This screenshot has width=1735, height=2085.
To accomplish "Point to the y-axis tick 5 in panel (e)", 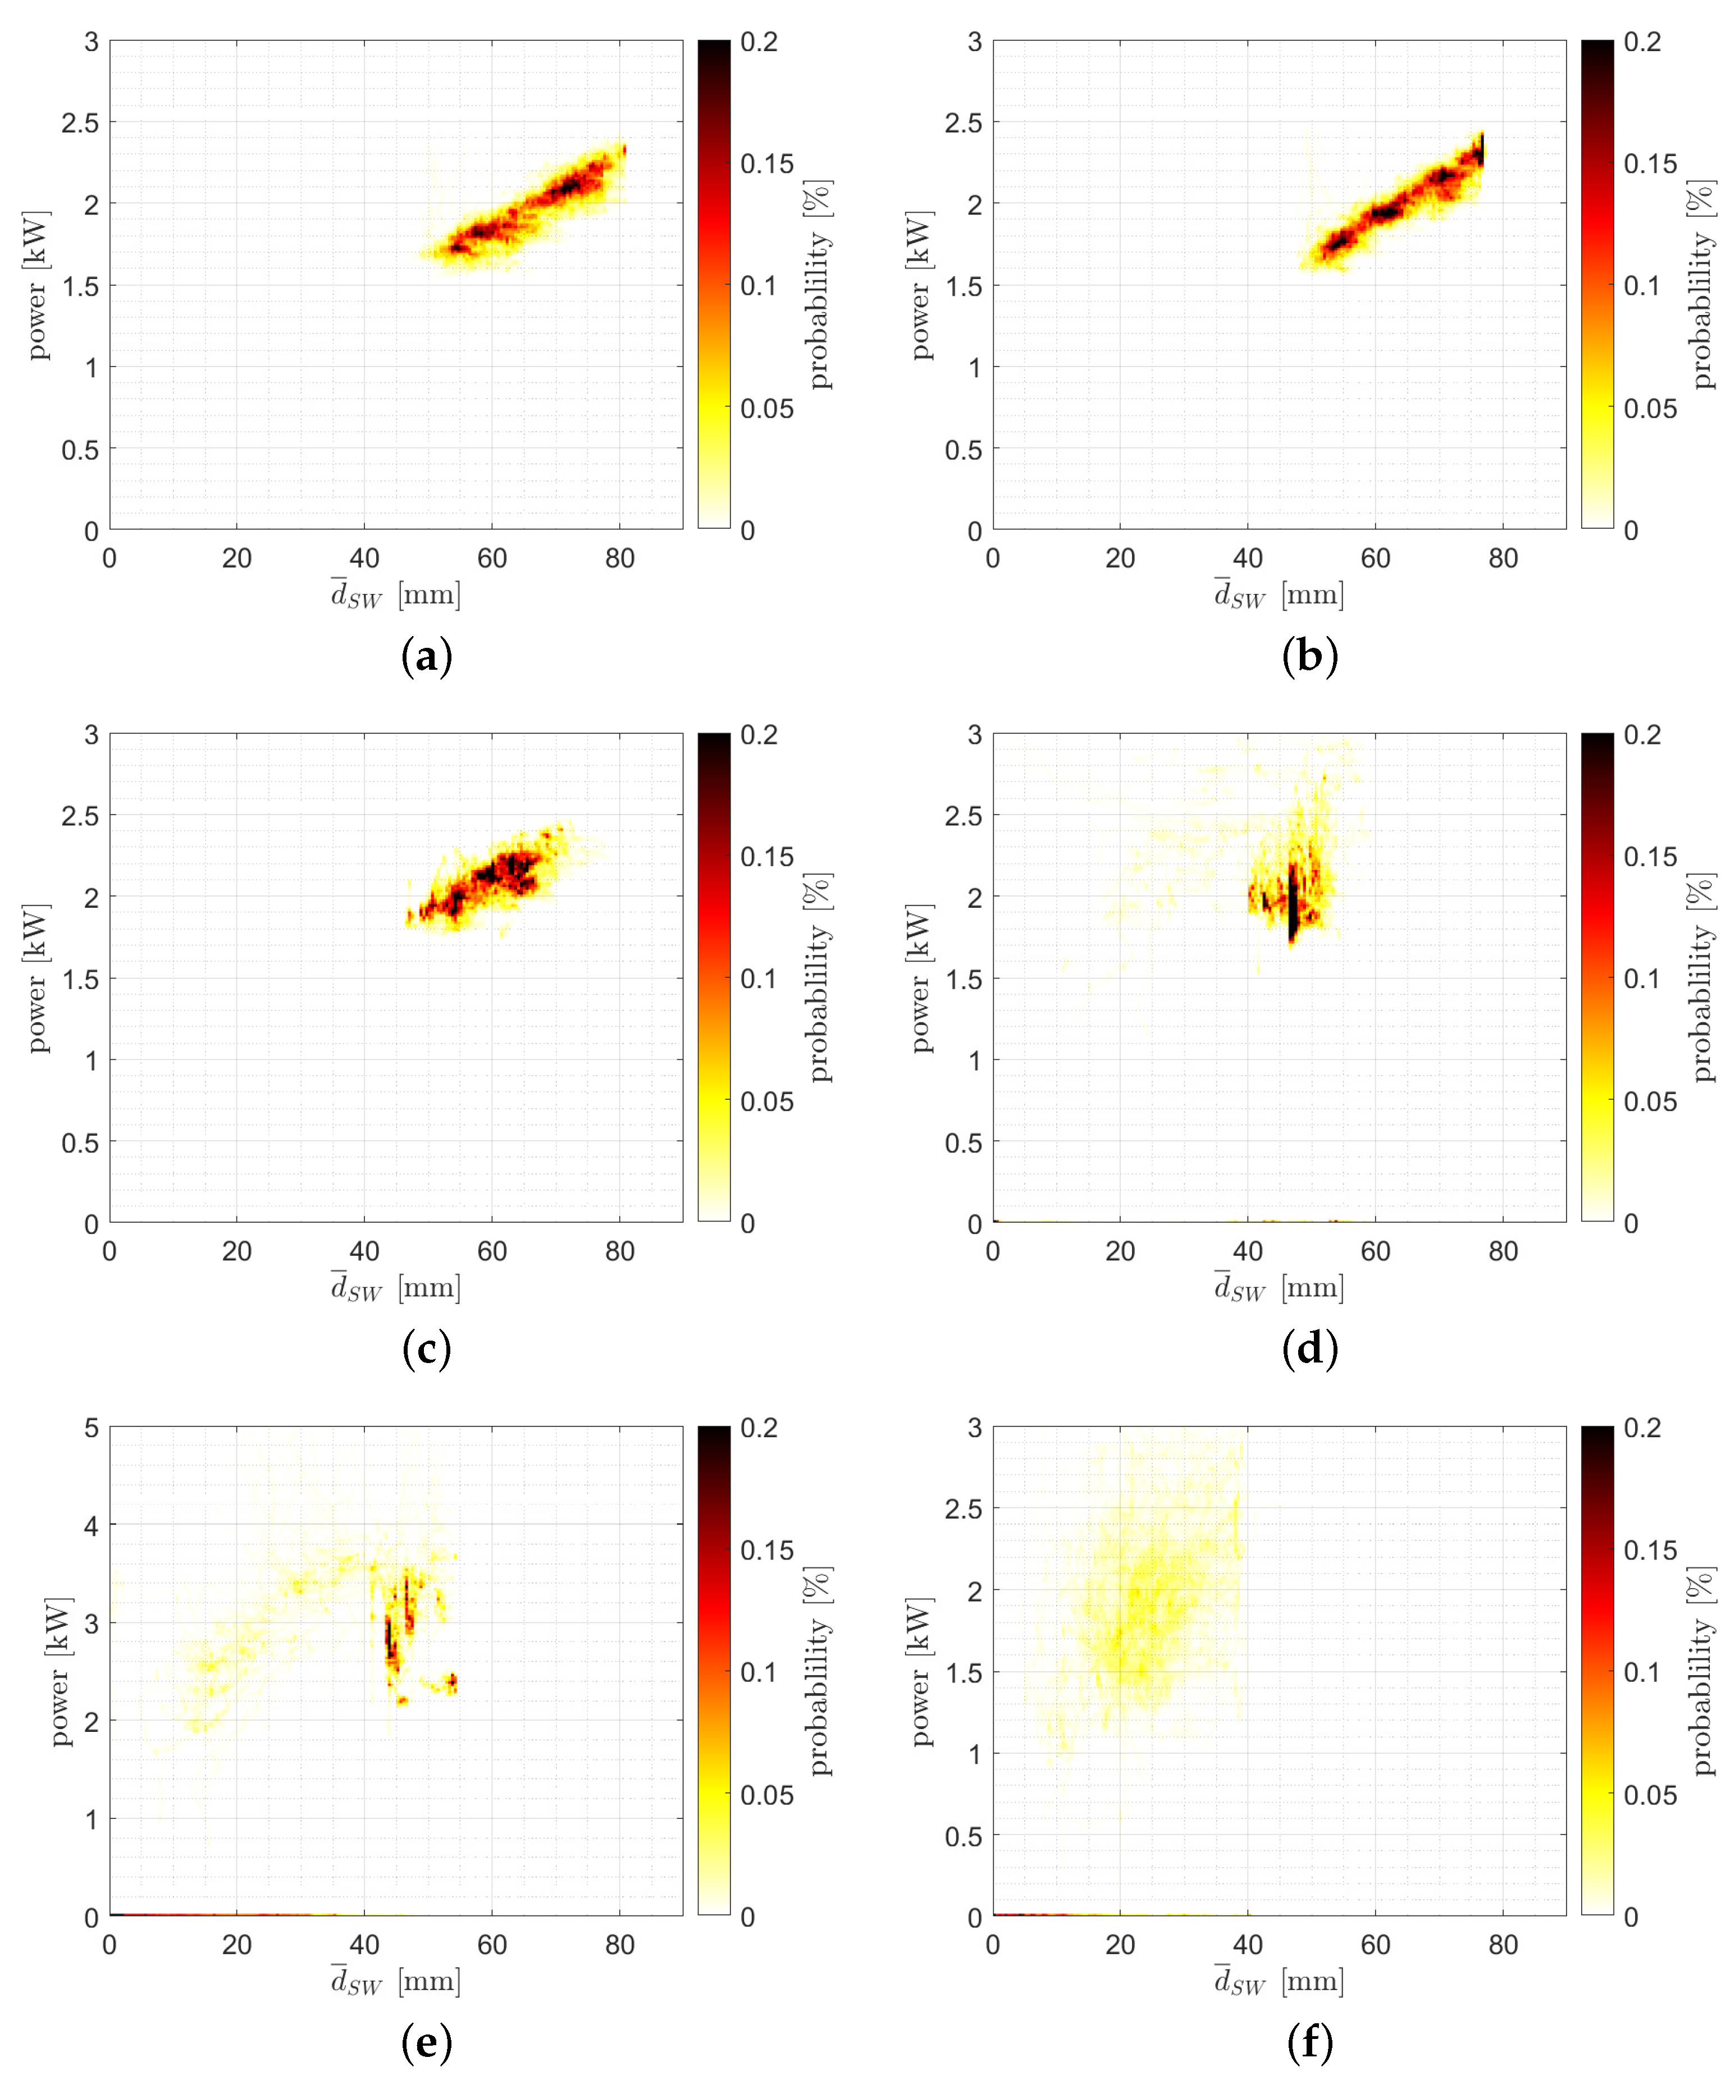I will click(x=92, y=1428).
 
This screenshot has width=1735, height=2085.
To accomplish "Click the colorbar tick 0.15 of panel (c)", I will click(x=766, y=857).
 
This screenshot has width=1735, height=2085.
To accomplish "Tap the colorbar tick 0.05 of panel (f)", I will click(x=1650, y=1795).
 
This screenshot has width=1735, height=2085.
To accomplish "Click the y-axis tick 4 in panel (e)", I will click(x=92, y=1526).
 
